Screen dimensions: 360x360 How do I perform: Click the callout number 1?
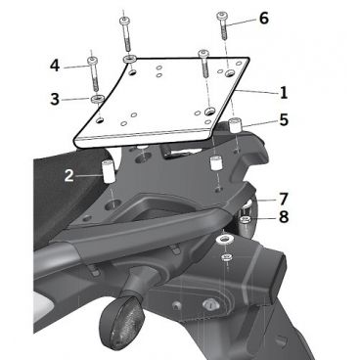pyautogui.click(x=282, y=93)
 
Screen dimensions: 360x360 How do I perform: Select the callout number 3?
pyautogui.click(x=56, y=99)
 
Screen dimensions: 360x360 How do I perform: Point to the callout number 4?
pyautogui.click(x=56, y=66)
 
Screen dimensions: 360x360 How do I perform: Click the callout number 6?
pyautogui.click(x=262, y=19)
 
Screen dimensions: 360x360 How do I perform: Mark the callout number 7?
pyautogui.click(x=282, y=199)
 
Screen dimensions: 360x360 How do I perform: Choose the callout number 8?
pyautogui.click(x=282, y=217)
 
